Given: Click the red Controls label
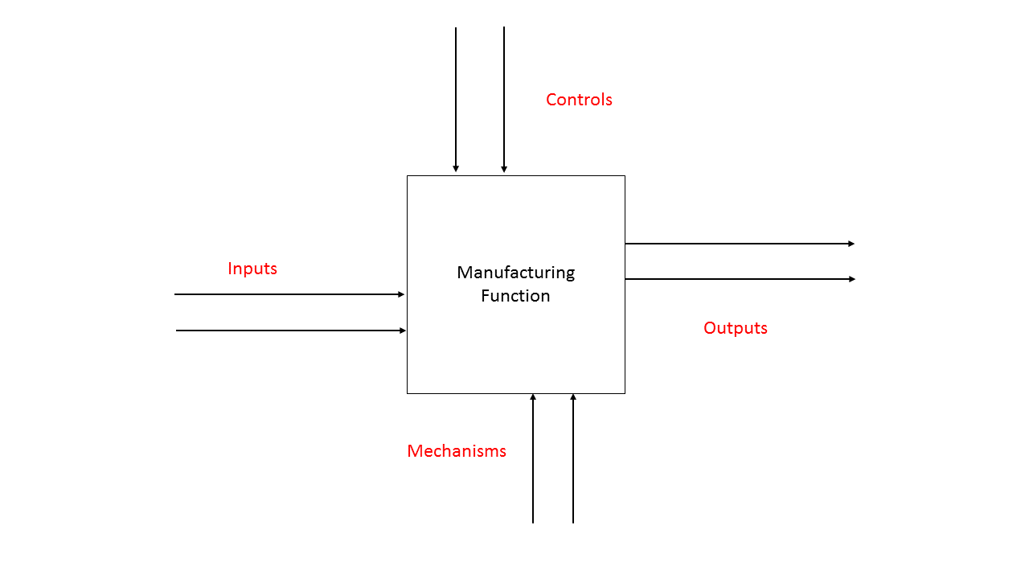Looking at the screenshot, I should pyautogui.click(x=579, y=100).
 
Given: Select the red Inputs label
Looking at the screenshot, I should pyautogui.click(x=252, y=269).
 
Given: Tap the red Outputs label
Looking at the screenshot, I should pyautogui.click(x=736, y=328).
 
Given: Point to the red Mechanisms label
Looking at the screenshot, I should pyautogui.click(x=457, y=451).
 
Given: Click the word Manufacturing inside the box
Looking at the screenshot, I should pyautogui.click(x=516, y=273).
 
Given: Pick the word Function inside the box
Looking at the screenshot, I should pyautogui.click(x=516, y=296).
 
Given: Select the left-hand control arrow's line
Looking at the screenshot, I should pyautogui.click(x=456, y=96).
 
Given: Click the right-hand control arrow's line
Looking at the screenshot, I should pyautogui.click(x=504, y=96).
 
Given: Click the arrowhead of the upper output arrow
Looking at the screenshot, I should pyautogui.click(x=852, y=243).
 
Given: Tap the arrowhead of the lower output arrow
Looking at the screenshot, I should pyautogui.click(x=852, y=279).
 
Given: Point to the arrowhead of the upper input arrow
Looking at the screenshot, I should pyautogui.click(x=402, y=294).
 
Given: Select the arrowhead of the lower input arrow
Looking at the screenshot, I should pyautogui.click(x=404, y=331).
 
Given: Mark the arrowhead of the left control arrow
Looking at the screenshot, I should pyautogui.click(x=456, y=169).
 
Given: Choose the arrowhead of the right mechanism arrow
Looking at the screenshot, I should pyautogui.click(x=573, y=396).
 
